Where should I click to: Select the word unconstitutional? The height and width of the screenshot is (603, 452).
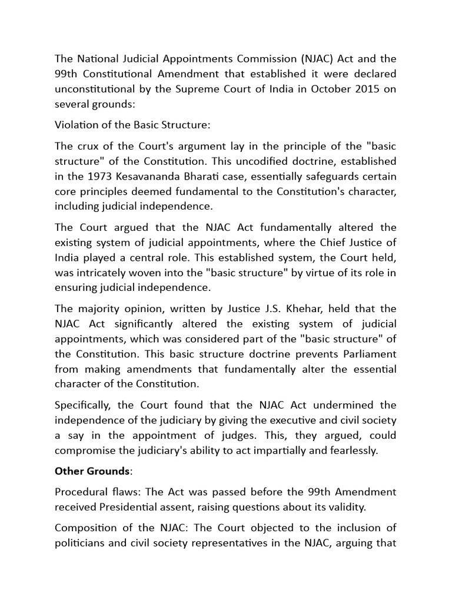[x=94, y=90]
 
